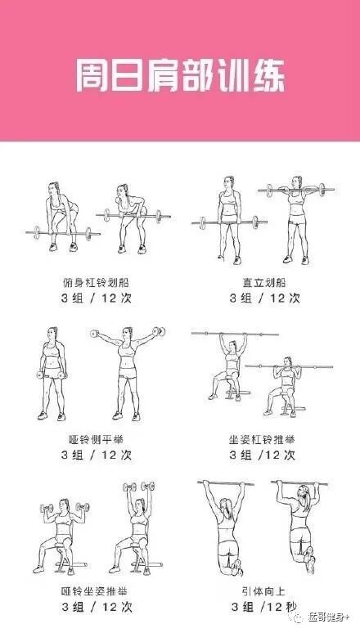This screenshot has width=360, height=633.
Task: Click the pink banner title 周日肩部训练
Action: click(x=180, y=75)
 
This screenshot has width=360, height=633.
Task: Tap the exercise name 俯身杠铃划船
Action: click(x=97, y=282)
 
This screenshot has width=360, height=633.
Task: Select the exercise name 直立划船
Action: click(x=264, y=282)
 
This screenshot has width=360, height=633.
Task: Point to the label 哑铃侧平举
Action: click(x=97, y=439)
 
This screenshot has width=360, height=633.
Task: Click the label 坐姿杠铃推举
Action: click(x=262, y=439)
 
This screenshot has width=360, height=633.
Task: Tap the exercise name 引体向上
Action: click(x=263, y=591)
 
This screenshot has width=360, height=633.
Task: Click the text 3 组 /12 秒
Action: click(x=263, y=606)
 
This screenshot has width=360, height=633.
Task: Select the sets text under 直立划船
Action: click(x=264, y=298)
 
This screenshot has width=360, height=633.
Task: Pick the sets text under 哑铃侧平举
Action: click(x=97, y=455)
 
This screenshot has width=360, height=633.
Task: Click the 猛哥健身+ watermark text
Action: click(x=327, y=617)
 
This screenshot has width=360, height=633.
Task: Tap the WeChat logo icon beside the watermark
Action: click(x=299, y=617)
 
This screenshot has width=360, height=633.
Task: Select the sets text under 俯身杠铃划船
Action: click(x=97, y=298)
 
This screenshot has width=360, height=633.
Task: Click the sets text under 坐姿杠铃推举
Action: click(x=263, y=455)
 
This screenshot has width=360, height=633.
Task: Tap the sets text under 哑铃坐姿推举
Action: click(x=97, y=607)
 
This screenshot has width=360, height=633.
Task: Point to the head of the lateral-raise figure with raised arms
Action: click(x=128, y=334)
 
